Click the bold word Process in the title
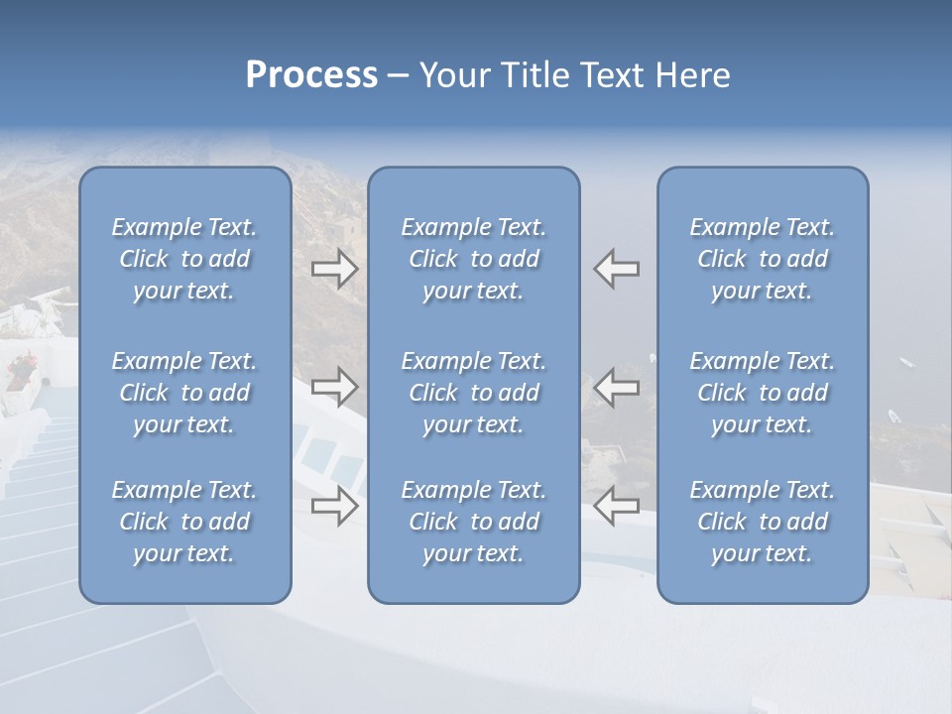pos(311,75)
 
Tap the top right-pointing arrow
pos(334,269)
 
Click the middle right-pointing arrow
pos(334,387)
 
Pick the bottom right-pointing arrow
pos(334,506)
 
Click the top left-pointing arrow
pos(617,269)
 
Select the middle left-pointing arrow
pos(617,387)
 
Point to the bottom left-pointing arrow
pos(617,506)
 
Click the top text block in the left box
pos(184,259)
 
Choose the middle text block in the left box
pos(184,393)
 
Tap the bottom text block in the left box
pos(184,522)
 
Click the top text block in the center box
pos(473,259)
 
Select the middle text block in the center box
pos(473,393)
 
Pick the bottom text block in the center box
pos(473,522)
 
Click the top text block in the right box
pos(762,259)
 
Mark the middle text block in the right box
pos(762,393)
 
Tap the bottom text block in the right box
pos(762,522)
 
